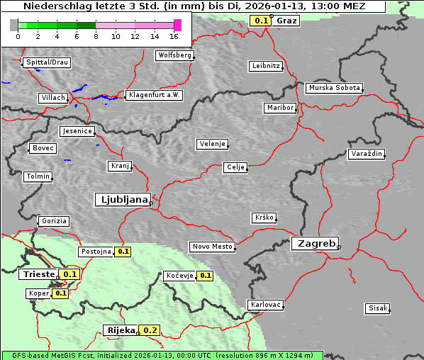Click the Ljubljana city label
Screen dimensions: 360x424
(x=121, y=199)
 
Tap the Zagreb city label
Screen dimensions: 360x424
(x=314, y=243)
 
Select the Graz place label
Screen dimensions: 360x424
(x=286, y=21)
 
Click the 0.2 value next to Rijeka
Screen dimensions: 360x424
(x=150, y=330)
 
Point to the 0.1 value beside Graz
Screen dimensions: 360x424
(x=261, y=21)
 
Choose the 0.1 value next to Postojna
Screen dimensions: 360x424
(x=123, y=252)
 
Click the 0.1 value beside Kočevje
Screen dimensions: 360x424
(x=205, y=276)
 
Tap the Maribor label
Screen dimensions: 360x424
(x=279, y=108)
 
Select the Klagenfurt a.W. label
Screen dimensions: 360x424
(x=154, y=95)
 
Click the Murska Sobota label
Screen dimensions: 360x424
(x=334, y=89)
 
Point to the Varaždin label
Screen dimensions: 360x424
(x=366, y=154)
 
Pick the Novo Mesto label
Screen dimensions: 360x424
(x=212, y=247)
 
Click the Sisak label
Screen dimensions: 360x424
(x=376, y=308)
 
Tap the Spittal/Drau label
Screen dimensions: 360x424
(x=47, y=62)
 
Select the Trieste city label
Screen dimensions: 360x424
(x=38, y=274)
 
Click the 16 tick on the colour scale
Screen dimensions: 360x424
(x=174, y=36)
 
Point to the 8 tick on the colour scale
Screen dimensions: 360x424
(x=96, y=36)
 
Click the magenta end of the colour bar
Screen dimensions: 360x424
(x=177, y=25)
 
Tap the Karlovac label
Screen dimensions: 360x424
(x=266, y=305)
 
